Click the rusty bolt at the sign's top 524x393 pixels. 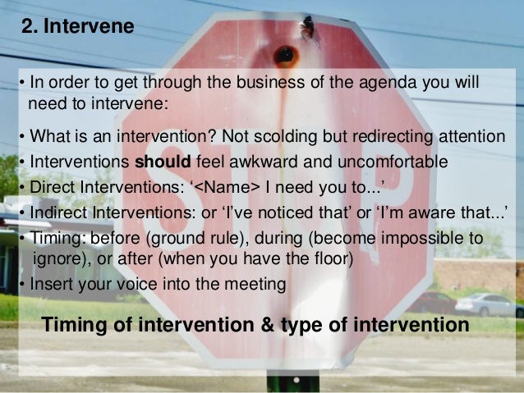coord(287,55)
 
